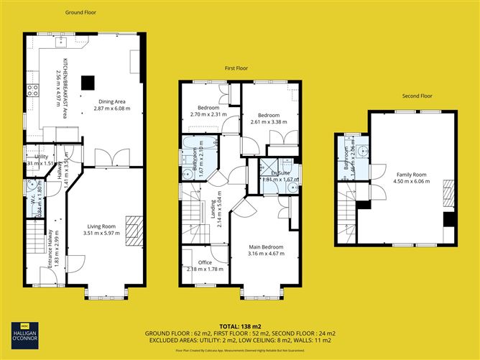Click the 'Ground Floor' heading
(80, 12)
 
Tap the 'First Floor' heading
(236, 68)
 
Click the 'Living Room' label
(100, 226)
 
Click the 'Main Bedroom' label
(265, 247)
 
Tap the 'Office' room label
(205, 262)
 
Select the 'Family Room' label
(412, 175)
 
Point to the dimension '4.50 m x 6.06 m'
(412, 182)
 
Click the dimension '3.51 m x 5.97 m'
(100, 233)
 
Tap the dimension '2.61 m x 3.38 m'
(268, 123)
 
